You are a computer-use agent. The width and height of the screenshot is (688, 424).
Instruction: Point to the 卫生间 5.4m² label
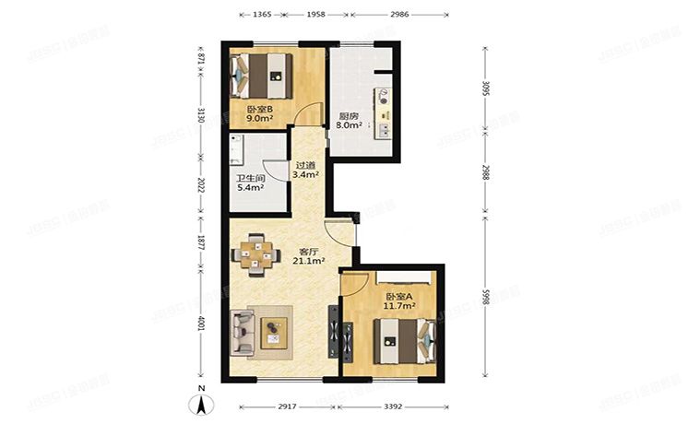250,183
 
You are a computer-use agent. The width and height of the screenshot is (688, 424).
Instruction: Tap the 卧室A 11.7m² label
398,301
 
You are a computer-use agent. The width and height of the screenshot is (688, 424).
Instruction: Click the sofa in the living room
244,331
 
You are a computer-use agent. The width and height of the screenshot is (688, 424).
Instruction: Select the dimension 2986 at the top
398,16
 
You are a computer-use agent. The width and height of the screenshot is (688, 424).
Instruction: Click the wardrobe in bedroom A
403,277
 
